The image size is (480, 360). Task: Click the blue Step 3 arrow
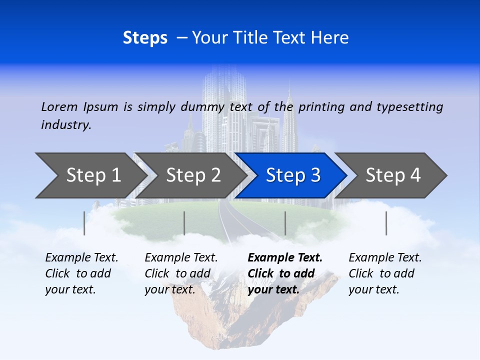click(x=292, y=175)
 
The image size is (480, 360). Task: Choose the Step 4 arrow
click(x=393, y=175)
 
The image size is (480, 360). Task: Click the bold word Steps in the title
click(x=145, y=38)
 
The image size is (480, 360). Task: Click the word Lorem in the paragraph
click(x=59, y=106)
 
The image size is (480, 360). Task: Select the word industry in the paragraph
click(x=66, y=125)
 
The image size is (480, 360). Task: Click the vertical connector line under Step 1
click(x=84, y=223)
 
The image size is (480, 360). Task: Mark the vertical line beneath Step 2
click(x=184, y=223)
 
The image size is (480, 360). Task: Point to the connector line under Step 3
click(x=285, y=223)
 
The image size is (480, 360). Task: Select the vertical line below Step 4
click(x=386, y=223)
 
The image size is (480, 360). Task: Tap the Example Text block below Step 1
click(x=81, y=273)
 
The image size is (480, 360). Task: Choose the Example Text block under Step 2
click(x=180, y=273)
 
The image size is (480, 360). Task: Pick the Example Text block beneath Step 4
click(x=384, y=273)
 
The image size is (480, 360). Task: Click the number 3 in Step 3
click(x=315, y=175)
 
